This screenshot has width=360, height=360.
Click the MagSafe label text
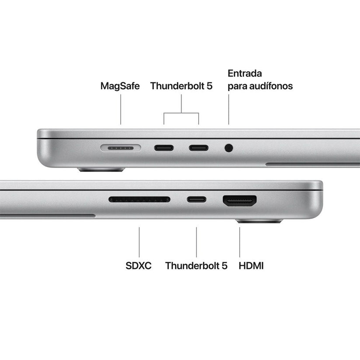click(x=120, y=86)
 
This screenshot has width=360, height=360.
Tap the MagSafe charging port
click(x=121, y=148)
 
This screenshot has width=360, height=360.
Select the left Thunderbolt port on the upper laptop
click(x=164, y=147)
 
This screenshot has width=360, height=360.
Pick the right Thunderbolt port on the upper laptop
click(x=199, y=147)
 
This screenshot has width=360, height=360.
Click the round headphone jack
click(x=228, y=148)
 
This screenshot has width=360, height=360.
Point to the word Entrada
click(x=245, y=73)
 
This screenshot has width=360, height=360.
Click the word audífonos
click(x=274, y=86)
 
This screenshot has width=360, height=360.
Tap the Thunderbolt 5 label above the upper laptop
click(x=181, y=86)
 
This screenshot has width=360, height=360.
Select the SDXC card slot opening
click(x=140, y=199)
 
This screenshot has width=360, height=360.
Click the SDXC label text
click(x=139, y=266)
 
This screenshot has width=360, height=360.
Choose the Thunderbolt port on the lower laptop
click(x=196, y=200)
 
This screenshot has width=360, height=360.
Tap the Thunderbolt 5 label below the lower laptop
click(x=196, y=266)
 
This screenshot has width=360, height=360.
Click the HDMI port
click(x=240, y=201)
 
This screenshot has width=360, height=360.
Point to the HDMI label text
click(x=252, y=266)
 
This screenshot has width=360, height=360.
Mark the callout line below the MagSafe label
click(x=121, y=111)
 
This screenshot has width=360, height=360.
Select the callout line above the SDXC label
click(x=140, y=241)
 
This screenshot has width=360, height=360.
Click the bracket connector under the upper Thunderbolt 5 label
click(x=181, y=113)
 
